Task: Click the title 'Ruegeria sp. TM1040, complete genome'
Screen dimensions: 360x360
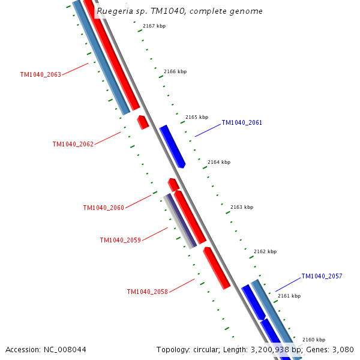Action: point(179,11)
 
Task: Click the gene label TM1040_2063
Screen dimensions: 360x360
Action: point(40,75)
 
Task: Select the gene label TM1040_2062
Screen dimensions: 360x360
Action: point(73,144)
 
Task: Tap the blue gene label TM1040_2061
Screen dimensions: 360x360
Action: point(242,122)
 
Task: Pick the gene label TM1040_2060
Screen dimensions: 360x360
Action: point(103,208)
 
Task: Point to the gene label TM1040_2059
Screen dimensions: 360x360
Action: point(120,240)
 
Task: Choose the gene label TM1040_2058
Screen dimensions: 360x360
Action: point(147,292)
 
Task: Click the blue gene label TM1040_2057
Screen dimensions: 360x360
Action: point(322,276)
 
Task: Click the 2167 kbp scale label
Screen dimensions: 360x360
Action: point(154,26)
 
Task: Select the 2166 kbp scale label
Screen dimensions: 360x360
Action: point(175,71)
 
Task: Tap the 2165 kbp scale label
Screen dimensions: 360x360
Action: point(197,117)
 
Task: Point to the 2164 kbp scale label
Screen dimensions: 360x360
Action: point(219,162)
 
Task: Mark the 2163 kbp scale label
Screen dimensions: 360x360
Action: point(242,207)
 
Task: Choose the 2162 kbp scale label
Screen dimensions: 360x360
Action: point(265,251)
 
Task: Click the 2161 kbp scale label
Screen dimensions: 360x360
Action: point(289,296)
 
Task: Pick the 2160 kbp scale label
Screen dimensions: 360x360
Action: point(313,340)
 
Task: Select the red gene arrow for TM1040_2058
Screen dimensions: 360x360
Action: point(217,268)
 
